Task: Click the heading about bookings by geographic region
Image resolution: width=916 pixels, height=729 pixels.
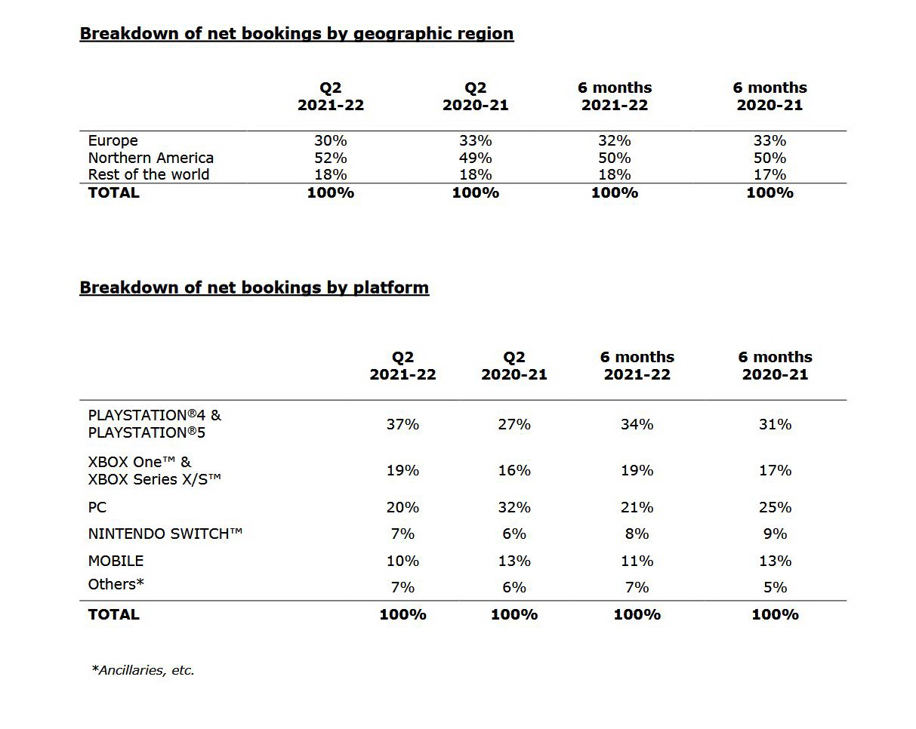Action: click(x=296, y=34)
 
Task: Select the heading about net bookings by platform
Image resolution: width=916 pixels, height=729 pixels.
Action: click(x=254, y=288)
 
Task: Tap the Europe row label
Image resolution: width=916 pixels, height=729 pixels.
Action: click(x=113, y=140)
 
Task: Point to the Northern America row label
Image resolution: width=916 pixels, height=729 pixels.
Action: click(x=150, y=158)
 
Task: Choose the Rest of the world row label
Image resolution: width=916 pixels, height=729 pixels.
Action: click(x=148, y=174)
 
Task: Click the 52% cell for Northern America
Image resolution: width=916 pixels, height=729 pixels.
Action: click(x=330, y=158)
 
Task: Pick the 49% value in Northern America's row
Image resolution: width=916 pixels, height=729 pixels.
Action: click(x=475, y=158)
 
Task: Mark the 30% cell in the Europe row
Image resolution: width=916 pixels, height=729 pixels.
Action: click(x=330, y=140)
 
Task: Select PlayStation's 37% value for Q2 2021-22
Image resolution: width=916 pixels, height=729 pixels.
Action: click(x=402, y=424)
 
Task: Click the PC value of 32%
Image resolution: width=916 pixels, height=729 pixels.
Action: click(x=514, y=507)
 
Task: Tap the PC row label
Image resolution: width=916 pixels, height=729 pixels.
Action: click(x=97, y=507)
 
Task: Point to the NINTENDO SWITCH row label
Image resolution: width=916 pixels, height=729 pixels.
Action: click(x=165, y=534)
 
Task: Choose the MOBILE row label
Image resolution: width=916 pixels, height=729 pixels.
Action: click(x=116, y=561)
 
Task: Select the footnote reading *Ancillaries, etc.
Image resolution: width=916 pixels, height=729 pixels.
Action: click(x=143, y=669)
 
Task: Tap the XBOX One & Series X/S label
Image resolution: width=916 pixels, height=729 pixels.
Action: click(x=154, y=470)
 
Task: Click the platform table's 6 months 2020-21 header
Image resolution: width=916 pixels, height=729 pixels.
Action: click(x=775, y=365)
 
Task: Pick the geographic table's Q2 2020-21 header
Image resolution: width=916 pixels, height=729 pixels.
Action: click(x=475, y=97)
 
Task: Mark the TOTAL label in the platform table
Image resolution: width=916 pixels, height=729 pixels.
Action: click(x=113, y=614)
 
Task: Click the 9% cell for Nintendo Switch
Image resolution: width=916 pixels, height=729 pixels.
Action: click(x=775, y=534)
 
